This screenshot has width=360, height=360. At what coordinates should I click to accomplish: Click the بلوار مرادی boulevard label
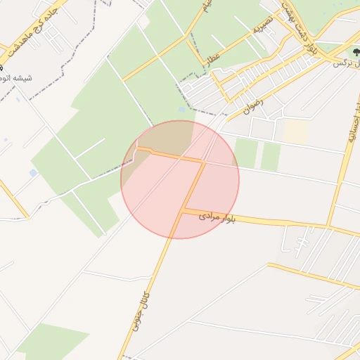point(218,217)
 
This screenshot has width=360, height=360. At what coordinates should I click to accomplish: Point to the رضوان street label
point(252,105)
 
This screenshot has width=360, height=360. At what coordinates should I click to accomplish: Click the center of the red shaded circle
point(180,179)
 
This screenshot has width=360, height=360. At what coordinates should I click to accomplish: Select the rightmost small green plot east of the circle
point(271,157)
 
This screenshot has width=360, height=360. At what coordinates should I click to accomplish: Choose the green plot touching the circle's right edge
point(245,153)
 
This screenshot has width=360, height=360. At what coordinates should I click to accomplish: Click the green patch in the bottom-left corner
point(49,344)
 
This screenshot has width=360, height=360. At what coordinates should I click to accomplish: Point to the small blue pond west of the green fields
point(33,173)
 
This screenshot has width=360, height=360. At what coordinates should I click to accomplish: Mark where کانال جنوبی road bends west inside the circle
point(203,161)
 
